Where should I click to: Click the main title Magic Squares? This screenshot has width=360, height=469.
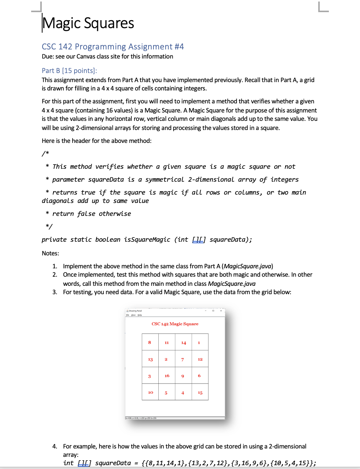(88, 23)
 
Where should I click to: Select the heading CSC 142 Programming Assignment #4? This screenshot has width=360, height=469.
(113, 47)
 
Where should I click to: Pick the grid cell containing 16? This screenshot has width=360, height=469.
(167, 376)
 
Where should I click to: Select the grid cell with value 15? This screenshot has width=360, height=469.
(200, 392)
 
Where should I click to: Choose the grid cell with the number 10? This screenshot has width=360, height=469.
(150, 392)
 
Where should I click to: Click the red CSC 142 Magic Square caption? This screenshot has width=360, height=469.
(175, 324)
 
